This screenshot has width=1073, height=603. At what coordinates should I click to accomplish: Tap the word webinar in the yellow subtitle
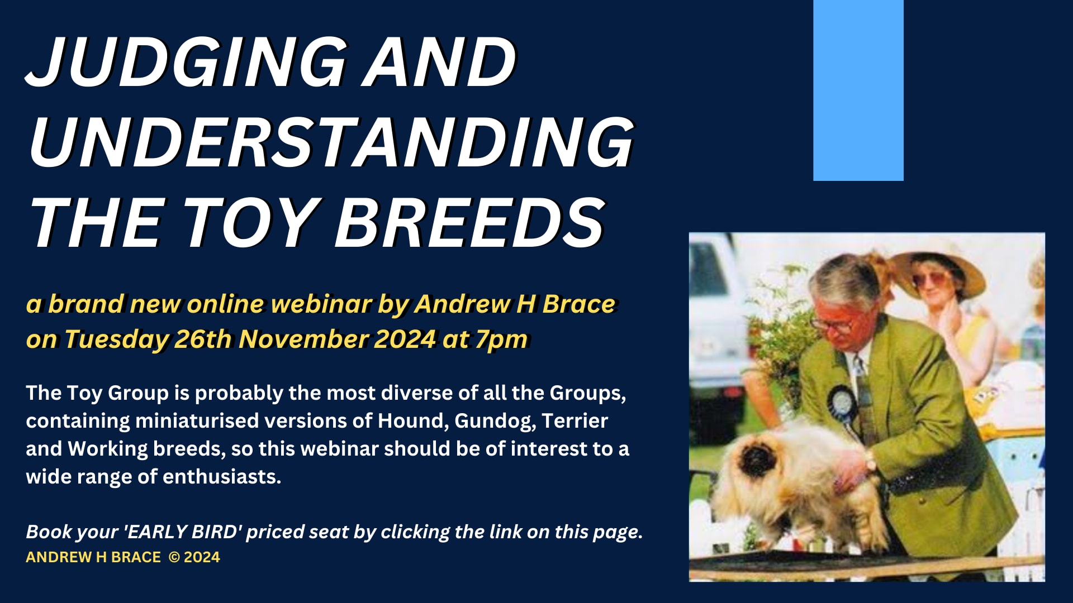tap(321, 304)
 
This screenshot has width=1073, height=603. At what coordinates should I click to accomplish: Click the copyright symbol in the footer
tap(174, 557)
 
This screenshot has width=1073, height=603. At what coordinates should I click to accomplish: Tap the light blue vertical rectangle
tap(858, 90)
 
